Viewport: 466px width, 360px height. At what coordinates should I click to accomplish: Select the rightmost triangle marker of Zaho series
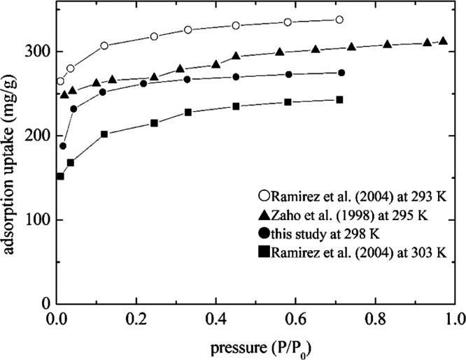(x=443, y=41)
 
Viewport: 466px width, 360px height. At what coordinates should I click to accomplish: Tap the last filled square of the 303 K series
(x=339, y=100)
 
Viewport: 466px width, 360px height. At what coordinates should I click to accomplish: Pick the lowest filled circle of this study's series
(x=63, y=146)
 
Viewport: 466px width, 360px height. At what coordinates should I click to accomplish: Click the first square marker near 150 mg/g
(x=61, y=176)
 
